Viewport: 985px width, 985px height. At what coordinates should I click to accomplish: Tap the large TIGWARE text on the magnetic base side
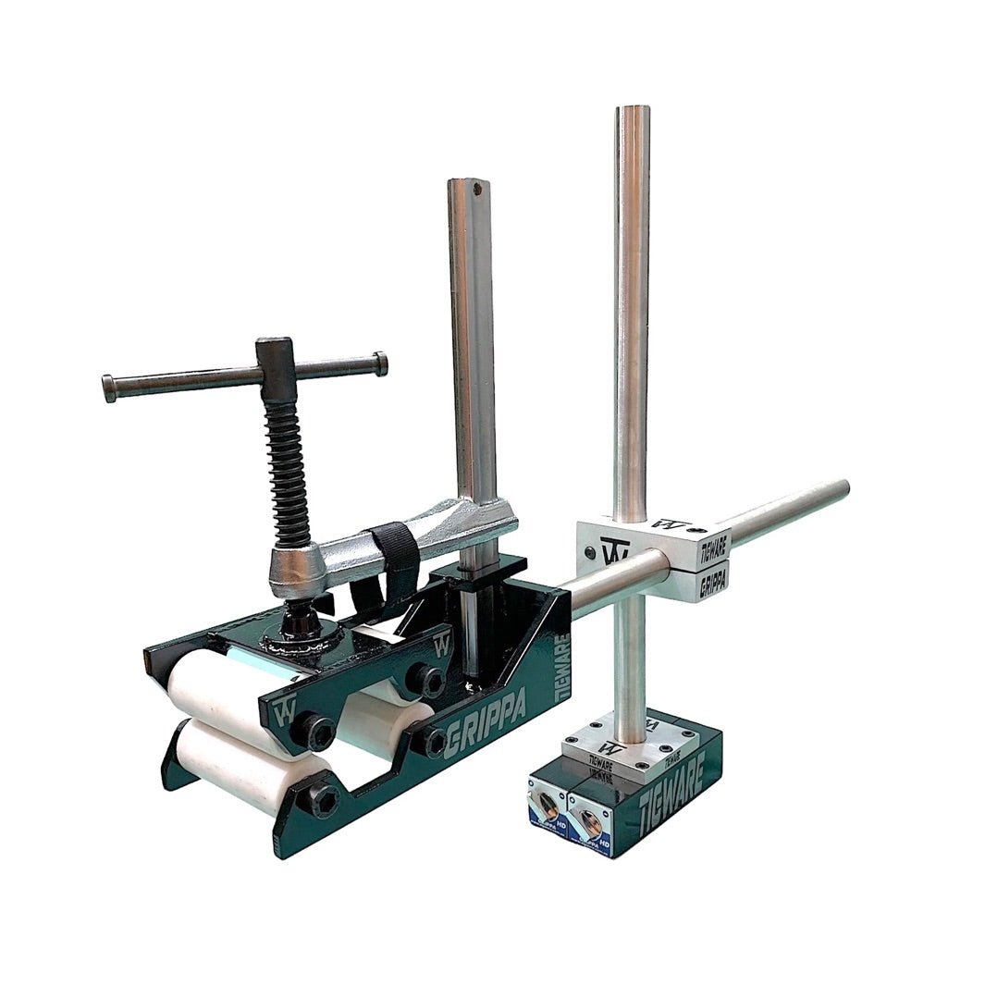pyautogui.click(x=676, y=782)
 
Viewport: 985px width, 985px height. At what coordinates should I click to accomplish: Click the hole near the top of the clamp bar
pyautogui.click(x=477, y=191)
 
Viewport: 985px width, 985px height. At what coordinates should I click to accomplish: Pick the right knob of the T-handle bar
pyautogui.click(x=379, y=363)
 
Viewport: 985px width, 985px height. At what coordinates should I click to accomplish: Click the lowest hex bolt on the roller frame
pyautogui.click(x=323, y=799)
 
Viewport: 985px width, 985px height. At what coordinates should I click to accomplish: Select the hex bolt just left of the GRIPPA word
pyautogui.click(x=433, y=740)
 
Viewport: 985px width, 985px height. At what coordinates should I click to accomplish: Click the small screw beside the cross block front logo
pyautogui.click(x=589, y=554)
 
